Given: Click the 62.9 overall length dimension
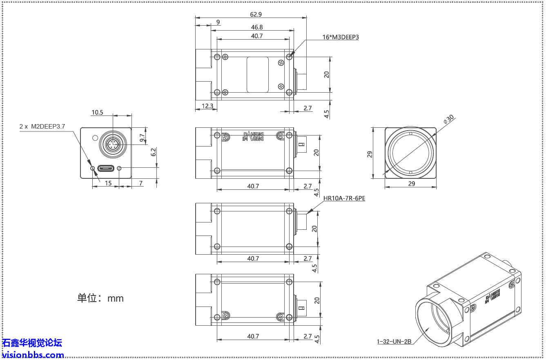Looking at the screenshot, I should pyautogui.click(x=256, y=14).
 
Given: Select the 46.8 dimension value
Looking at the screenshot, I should pyautogui.click(x=257, y=27).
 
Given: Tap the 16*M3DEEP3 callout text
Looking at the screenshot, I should pyautogui.click(x=341, y=37).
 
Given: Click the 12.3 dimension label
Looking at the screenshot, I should pyautogui.click(x=207, y=106).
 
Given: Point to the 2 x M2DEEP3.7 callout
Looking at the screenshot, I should pyautogui.click(x=42, y=127).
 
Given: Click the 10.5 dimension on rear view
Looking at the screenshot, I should pyautogui.click(x=97, y=113).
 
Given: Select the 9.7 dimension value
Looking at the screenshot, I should pyautogui.click(x=142, y=138).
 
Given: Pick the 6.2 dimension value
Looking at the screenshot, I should pyautogui.click(x=154, y=152).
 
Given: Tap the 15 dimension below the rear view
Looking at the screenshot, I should pyautogui.click(x=108, y=183).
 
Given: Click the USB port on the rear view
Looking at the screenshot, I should pyautogui.click(x=106, y=168).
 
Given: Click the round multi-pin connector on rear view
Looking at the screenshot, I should pyautogui.click(x=113, y=144).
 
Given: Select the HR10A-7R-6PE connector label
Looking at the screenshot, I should pyautogui.click(x=344, y=199).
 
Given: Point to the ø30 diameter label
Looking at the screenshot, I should pyautogui.click(x=448, y=119).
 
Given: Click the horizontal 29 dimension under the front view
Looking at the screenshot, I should pyautogui.click(x=411, y=184).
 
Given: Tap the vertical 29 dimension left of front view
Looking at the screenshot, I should pyautogui.click(x=370, y=154).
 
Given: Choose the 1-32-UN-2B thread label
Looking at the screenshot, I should pyautogui.click(x=394, y=342).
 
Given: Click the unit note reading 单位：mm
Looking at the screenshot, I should pyautogui.click(x=100, y=298).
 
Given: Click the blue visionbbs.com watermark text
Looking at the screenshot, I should pyautogui.click(x=33, y=355).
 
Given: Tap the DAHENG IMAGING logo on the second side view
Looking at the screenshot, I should pyautogui.click(x=253, y=136).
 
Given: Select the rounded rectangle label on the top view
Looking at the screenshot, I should pyautogui.click(x=258, y=74).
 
